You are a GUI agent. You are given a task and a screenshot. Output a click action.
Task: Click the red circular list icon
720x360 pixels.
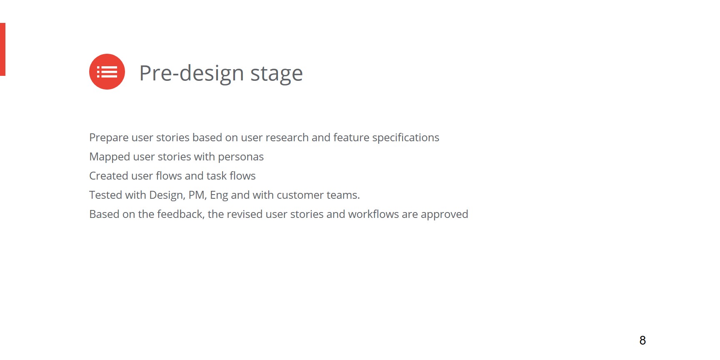coord(107,72)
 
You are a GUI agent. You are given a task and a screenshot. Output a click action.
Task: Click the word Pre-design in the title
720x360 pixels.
coord(192,73)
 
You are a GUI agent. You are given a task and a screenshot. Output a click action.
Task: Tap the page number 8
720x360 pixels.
coord(642,340)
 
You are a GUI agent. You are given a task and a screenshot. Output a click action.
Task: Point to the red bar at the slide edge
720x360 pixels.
coord(2,49)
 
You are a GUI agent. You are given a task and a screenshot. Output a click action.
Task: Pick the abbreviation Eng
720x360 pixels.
coord(219,195)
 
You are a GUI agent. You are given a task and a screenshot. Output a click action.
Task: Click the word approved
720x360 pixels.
coord(445,215)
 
